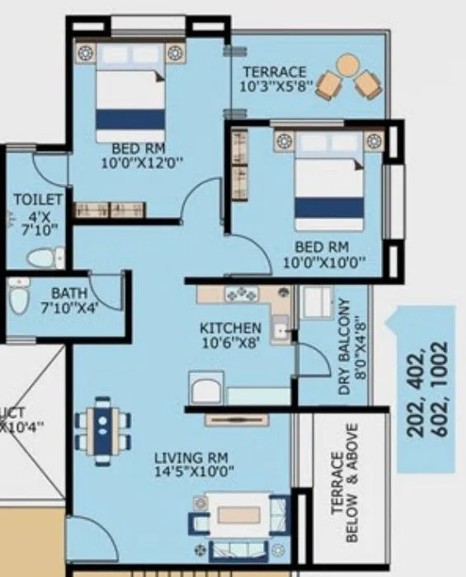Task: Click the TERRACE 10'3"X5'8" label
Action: coord(273,78)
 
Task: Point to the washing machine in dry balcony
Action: coord(314,304)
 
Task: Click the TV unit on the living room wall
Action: coord(237,419)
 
